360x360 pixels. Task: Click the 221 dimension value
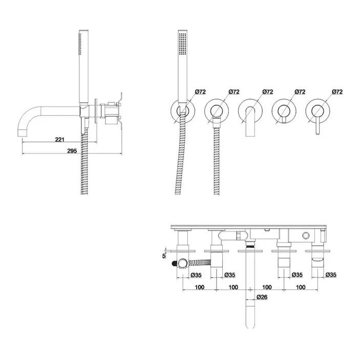60,139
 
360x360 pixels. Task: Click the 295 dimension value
72,151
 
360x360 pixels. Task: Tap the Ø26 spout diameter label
262,297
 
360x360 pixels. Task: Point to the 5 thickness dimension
164,256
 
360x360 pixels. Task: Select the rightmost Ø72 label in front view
337,92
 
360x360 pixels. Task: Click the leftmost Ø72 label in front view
200,92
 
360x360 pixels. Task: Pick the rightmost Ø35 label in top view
331,275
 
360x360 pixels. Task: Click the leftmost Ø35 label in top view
196,275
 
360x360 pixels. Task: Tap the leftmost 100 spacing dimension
200,287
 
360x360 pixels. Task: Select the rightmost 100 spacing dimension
301,287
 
